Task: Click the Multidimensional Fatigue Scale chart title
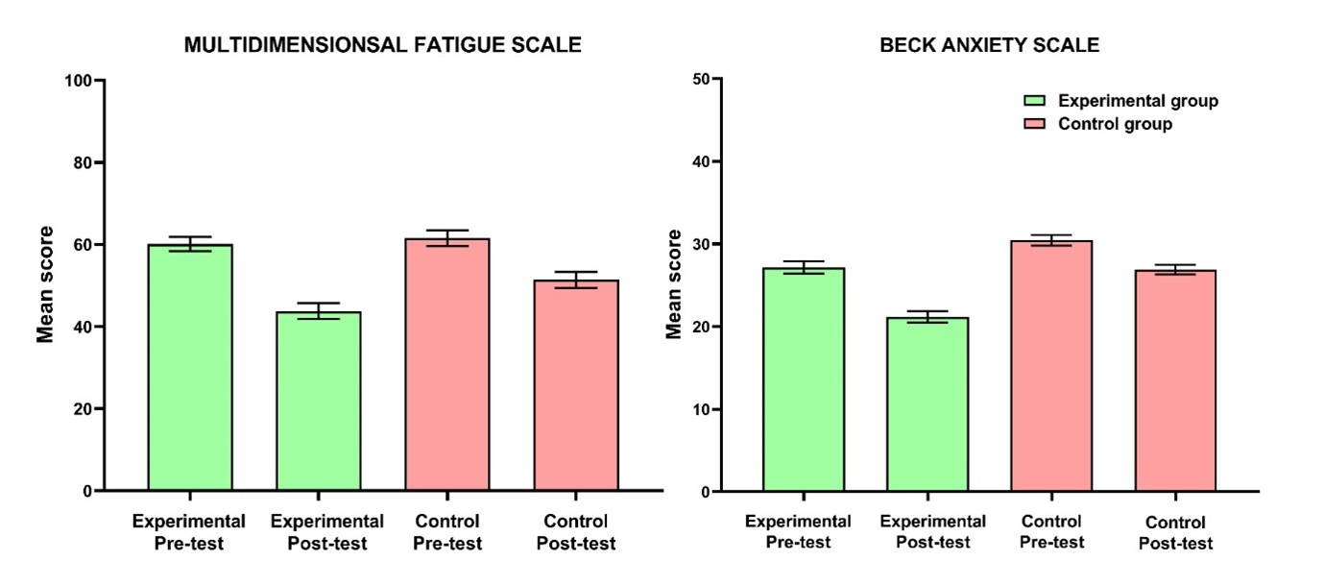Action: click(382, 45)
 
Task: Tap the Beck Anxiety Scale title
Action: click(990, 45)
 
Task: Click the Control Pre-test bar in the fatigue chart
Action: click(447, 364)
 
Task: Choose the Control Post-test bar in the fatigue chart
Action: click(576, 384)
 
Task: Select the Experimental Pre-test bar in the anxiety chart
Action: click(804, 379)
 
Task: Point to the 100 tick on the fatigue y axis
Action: click(79, 81)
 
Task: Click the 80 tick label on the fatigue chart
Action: click(83, 162)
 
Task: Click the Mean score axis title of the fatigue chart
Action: click(45, 284)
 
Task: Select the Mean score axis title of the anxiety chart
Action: click(674, 284)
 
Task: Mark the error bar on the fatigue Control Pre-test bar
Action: click(447, 238)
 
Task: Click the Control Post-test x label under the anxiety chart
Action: click(1175, 533)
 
